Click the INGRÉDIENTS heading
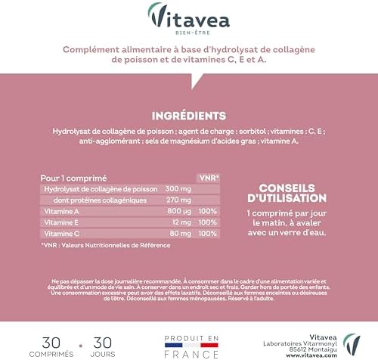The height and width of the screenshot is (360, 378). (188, 116)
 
